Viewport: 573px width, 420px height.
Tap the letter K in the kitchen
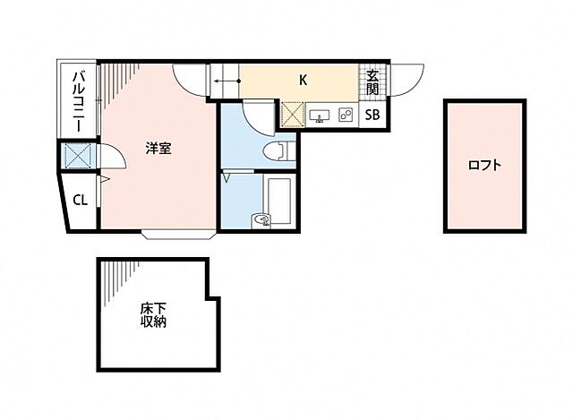(x=304, y=80)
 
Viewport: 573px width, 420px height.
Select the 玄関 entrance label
(x=372, y=82)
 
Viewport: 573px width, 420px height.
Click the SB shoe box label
(x=372, y=115)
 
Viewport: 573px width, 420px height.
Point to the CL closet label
(x=80, y=201)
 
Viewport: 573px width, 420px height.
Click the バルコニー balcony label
(x=78, y=101)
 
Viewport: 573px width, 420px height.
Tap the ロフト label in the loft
(x=483, y=165)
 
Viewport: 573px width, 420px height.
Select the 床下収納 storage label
(x=152, y=315)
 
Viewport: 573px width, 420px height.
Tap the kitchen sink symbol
(x=321, y=116)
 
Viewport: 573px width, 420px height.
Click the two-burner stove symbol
(x=346, y=116)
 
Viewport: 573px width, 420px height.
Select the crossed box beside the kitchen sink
(x=293, y=115)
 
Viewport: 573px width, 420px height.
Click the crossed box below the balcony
(x=77, y=157)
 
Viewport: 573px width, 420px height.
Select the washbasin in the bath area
(x=261, y=219)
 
